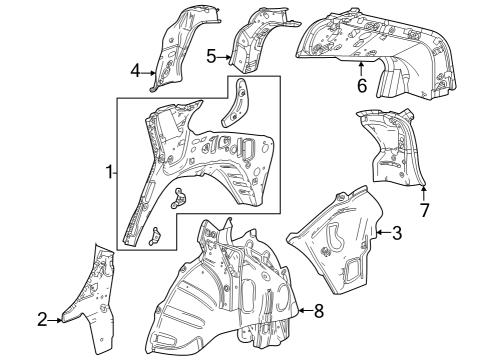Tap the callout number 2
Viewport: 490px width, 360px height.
coord(42,319)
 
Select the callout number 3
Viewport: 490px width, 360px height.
coord(397,233)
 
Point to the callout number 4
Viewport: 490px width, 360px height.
coord(135,70)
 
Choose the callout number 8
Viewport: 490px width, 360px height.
coord(319,311)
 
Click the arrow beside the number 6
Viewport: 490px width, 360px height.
coord(361,67)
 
